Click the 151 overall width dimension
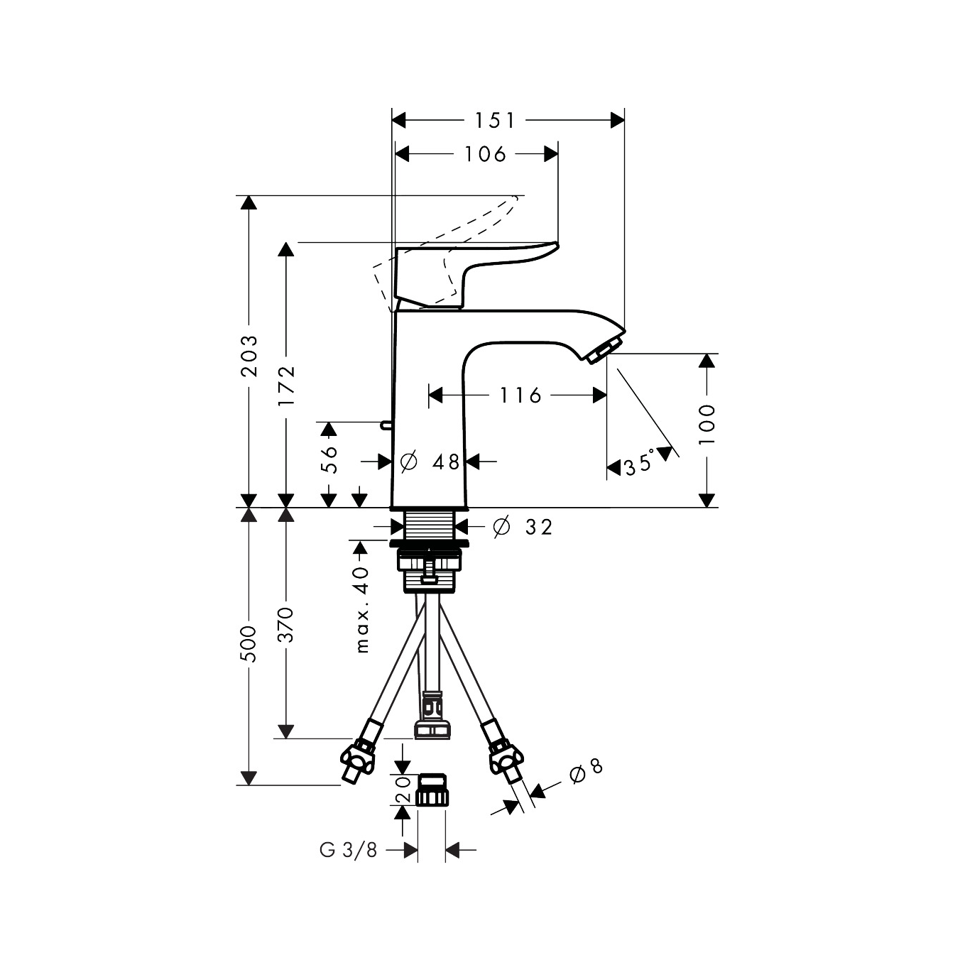click(x=495, y=121)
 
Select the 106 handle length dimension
click(x=486, y=153)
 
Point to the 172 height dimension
click(x=286, y=386)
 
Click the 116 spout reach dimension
click(x=520, y=395)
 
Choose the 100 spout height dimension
click(x=707, y=425)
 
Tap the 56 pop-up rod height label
click(x=329, y=459)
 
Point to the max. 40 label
click(x=362, y=609)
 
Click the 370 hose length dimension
click(x=286, y=624)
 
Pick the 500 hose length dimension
click(x=249, y=644)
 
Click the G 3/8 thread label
click(x=349, y=850)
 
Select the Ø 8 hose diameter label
click(x=586, y=770)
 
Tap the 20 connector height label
click(x=403, y=789)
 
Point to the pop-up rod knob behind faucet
click(x=386, y=425)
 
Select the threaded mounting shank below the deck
click(x=430, y=526)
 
